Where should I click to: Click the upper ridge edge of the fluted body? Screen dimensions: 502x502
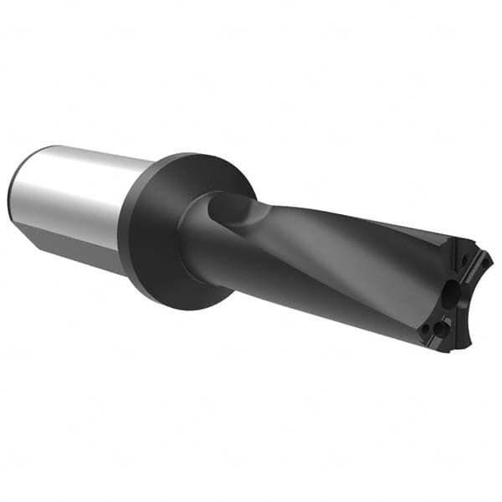coord(351,213)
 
